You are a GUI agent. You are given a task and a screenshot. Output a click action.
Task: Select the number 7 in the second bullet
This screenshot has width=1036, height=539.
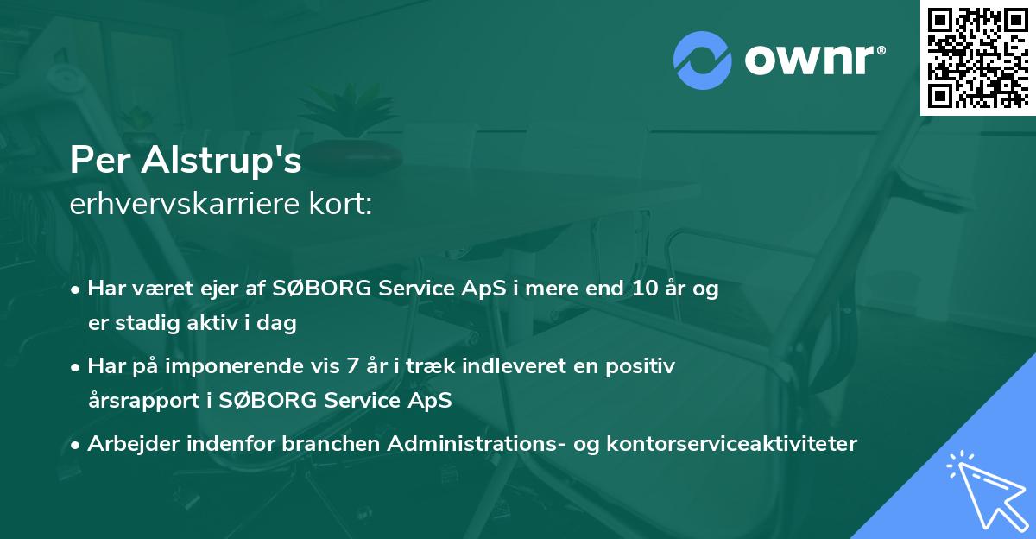351,366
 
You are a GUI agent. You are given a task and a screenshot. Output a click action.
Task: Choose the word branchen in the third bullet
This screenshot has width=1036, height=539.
332,444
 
